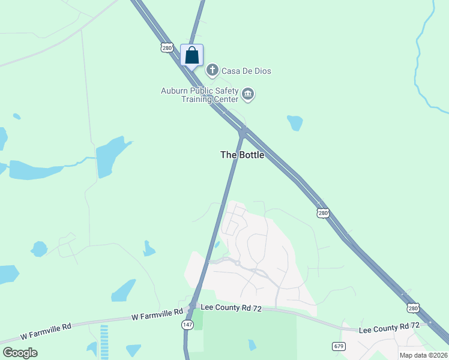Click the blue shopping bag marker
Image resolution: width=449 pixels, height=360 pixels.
[191, 56]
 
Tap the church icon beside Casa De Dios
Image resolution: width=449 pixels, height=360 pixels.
[212, 71]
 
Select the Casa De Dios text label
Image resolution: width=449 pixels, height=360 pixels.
[246, 71]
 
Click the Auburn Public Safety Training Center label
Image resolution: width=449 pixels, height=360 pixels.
[199, 95]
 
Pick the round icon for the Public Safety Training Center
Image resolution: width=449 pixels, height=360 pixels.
[248, 95]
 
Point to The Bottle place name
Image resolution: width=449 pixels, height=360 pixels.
[242, 155]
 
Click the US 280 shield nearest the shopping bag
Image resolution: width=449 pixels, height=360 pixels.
[167, 47]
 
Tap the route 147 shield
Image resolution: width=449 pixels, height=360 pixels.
[187, 324]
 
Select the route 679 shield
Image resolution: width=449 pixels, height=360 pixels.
[339, 346]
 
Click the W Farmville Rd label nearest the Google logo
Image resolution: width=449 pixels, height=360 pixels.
[46, 326]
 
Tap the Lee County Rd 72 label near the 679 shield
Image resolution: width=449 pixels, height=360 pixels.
[388, 327]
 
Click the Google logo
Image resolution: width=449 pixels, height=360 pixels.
[20, 353]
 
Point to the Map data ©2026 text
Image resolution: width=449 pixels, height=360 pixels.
[423, 355]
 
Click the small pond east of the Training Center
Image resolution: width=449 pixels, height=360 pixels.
[295, 122]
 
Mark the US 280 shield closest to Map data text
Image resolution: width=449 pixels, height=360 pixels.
[412, 308]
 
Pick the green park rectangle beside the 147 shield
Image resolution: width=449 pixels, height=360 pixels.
[197, 319]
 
